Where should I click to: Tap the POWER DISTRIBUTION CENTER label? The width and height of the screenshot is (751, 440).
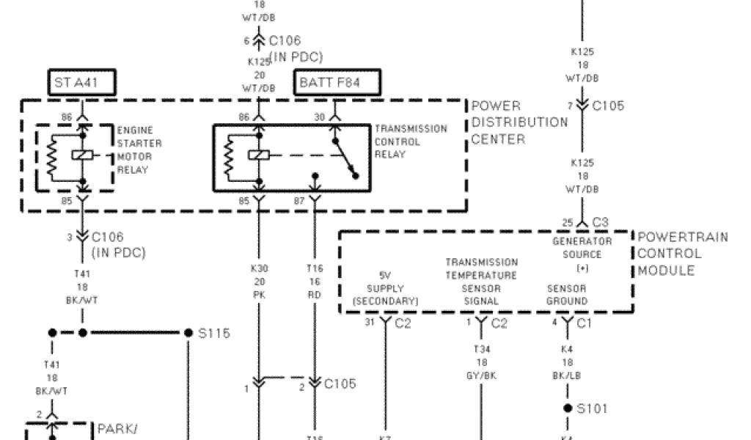pyautogui.click(x=519, y=122)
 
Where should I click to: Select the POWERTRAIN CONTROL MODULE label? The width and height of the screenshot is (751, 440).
pyautogui.click(x=683, y=254)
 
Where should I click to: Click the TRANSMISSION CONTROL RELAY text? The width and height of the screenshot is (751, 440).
pyautogui.click(x=410, y=142)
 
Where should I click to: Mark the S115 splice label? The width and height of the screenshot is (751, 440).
pyautogui.click(x=214, y=334)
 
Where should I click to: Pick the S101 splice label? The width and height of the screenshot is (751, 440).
pyautogui.click(x=593, y=408)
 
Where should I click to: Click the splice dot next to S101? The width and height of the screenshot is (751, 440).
pyautogui.click(x=567, y=408)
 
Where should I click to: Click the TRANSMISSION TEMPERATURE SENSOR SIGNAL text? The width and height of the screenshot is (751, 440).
pyautogui.click(x=481, y=281)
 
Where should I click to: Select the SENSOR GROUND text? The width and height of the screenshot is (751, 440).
pyautogui.click(x=567, y=295)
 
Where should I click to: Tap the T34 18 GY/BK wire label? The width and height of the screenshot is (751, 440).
pyautogui.click(x=481, y=362)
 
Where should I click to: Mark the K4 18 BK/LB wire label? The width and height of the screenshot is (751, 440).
pyautogui.click(x=567, y=362)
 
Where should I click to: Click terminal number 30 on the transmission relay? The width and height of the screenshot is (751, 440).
pyautogui.click(x=319, y=117)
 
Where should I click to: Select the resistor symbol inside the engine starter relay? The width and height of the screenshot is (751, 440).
pyautogui.click(x=52, y=156)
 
